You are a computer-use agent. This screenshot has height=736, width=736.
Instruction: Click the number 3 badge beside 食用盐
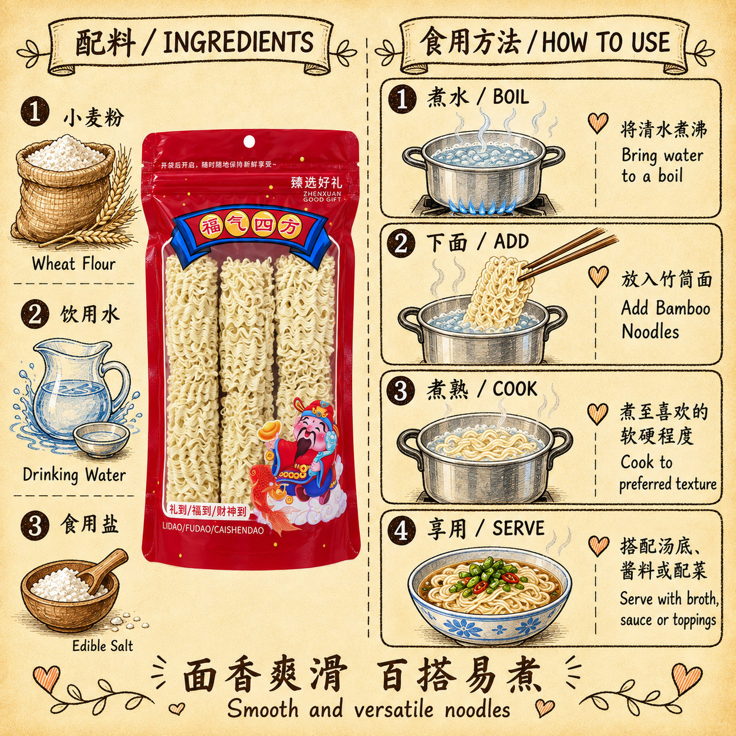35,525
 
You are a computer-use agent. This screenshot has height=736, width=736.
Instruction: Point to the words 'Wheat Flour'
74,264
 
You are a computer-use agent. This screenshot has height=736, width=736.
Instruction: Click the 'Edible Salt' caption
103,646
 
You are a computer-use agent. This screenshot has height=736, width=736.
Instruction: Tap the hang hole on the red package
249,141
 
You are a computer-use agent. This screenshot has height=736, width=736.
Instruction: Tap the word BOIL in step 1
511,97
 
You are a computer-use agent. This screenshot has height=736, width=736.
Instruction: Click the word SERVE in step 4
518,529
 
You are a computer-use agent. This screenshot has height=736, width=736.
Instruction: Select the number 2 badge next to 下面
401,244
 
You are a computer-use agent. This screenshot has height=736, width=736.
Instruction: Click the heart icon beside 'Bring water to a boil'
597,123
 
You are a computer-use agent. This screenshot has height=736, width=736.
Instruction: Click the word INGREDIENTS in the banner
238,42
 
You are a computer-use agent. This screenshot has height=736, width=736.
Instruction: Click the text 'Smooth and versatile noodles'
369,709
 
